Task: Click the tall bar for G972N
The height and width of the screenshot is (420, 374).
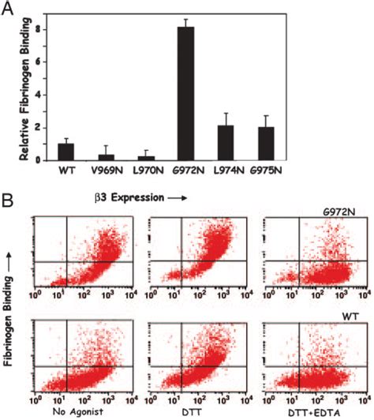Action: tap(208, 93)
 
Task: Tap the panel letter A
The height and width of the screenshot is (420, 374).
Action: tap(9, 9)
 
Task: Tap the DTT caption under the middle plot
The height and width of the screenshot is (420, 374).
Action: tap(189, 411)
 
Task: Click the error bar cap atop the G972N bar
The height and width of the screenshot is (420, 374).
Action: tap(208, 20)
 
